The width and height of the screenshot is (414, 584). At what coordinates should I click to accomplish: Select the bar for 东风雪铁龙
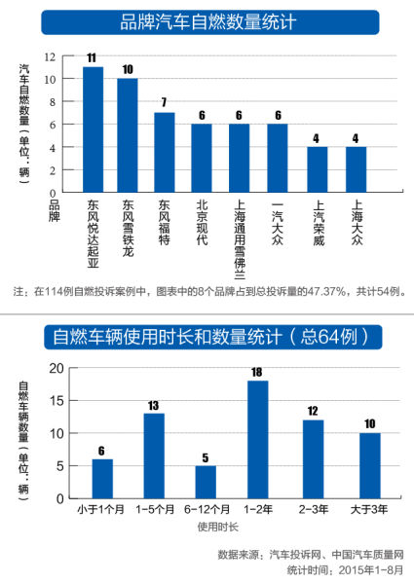[128, 134]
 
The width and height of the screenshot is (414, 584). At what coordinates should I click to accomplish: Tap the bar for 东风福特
[165, 151]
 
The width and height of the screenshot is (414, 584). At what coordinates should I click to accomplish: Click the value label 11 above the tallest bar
[94, 58]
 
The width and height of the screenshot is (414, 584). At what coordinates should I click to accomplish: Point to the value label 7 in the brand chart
[165, 104]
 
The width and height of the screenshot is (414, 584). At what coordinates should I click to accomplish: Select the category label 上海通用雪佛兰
[240, 238]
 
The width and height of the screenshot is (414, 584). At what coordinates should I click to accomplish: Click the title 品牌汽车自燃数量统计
[207, 20]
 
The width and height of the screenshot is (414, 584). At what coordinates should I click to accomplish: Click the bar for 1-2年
[258, 439]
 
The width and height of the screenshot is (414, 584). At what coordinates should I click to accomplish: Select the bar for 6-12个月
[206, 482]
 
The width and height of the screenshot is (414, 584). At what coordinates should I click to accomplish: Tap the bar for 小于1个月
[102, 479]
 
